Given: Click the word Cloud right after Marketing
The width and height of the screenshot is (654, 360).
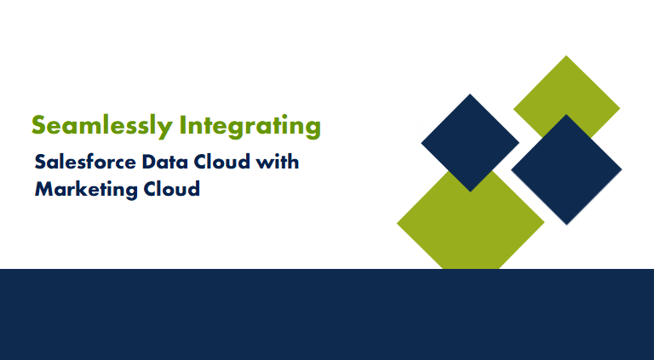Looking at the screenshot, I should click(169, 189).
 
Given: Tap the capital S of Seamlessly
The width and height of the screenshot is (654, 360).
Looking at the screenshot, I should click(38, 126).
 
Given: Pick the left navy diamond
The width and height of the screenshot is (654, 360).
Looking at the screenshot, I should click(469, 142).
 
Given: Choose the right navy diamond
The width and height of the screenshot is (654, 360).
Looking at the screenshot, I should click(566, 169).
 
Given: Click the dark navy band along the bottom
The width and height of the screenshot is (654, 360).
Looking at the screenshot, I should click(327, 314).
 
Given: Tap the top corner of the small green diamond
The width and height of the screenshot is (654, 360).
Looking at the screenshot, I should click(567, 57).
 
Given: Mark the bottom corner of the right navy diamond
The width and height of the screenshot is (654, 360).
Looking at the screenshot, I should click(566, 224).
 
